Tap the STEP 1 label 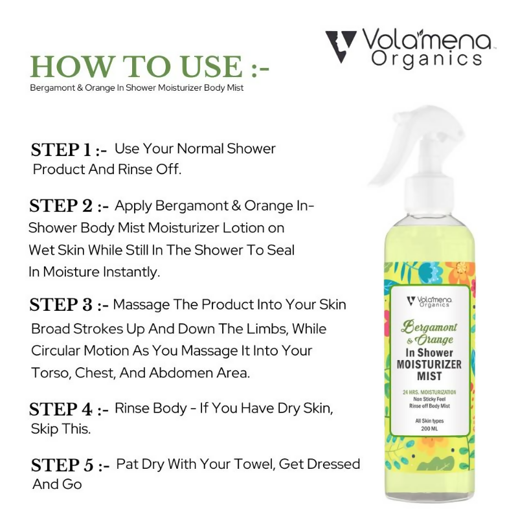[69, 150]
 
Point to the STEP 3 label [69, 305]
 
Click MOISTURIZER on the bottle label [431, 365]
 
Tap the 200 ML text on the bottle [430, 429]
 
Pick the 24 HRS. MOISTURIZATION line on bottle [430, 392]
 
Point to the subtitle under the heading [137, 88]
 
